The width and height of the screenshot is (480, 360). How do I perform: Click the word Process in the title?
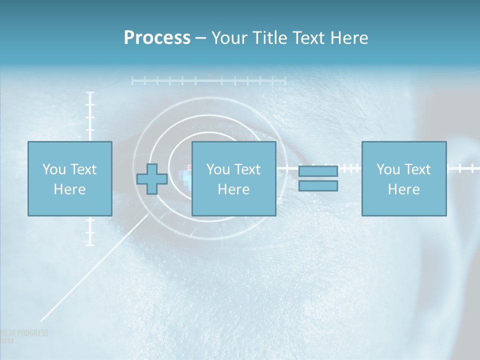157,38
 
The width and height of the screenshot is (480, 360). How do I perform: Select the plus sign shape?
152,178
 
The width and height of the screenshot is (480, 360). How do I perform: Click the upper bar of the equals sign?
318,171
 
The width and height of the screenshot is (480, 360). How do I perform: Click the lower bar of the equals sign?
318,186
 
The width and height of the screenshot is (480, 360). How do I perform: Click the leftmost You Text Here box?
69,178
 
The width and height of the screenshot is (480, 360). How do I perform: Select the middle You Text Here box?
233,178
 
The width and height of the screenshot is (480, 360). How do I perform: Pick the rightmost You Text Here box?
403,178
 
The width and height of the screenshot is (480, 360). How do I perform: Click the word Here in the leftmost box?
69,189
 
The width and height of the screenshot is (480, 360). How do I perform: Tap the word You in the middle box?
218,169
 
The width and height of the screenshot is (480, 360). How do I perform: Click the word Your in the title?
230,38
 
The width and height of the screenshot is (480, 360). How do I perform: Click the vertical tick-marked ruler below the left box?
90,231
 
